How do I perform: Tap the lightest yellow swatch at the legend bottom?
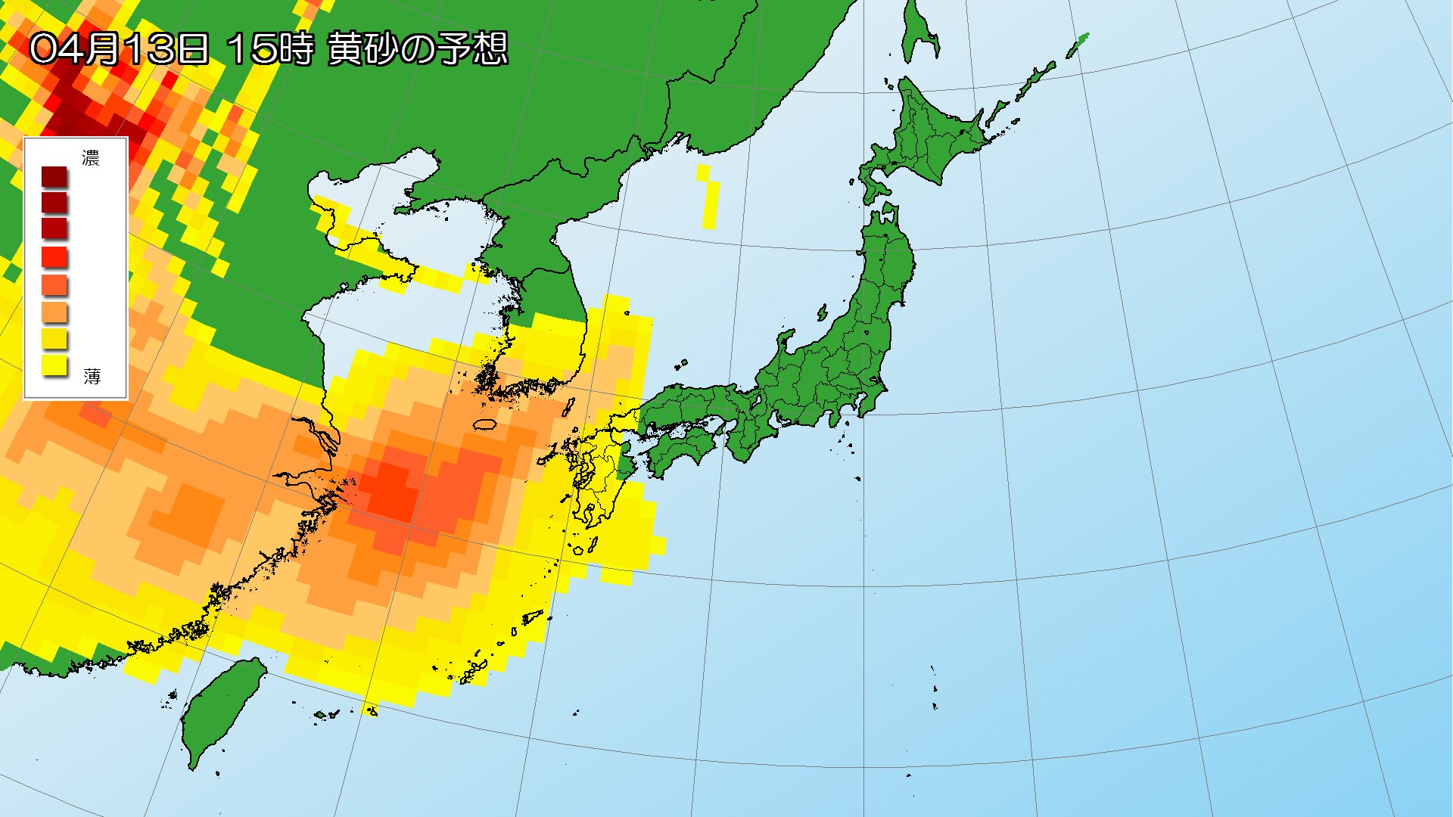(x=54, y=366)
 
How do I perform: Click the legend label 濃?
(x=91, y=158)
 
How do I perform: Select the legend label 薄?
(x=92, y=376)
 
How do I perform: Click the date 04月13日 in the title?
(x=119, y=49)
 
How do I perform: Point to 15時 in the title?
(x=269, y=49)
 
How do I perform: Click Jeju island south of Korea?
(x=484, y=424)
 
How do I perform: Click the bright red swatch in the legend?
(x=54, y=257)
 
